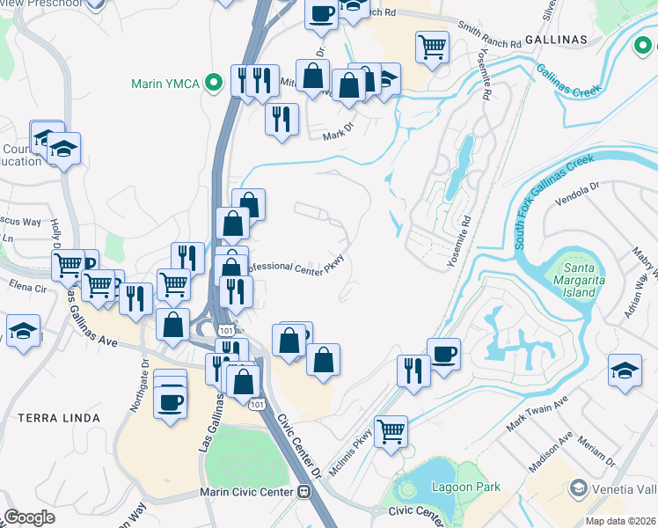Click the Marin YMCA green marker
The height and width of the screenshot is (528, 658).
(x=212, y=84)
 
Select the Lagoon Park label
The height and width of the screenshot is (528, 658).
(x=465, y=487)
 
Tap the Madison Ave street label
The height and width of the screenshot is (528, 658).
(x=551, y=451)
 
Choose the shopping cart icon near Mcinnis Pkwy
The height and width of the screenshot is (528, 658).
(x=391, y=432)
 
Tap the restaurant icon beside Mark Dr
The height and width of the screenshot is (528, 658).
(x=281, y=119)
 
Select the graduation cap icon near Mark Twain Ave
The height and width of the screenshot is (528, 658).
(x=625, y=371)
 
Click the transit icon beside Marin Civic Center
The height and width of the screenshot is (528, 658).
(x=303, y=492)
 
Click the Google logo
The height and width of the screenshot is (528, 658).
(x=29, y=517)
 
